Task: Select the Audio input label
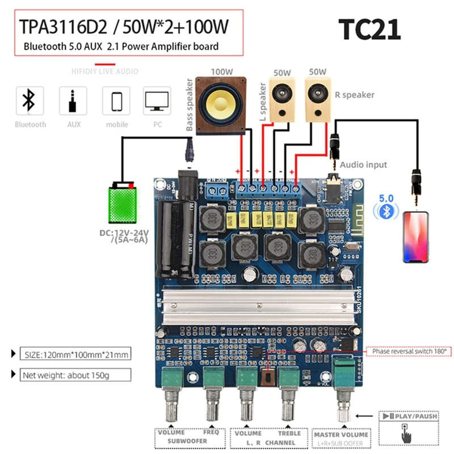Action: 363,165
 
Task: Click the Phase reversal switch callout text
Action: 409,352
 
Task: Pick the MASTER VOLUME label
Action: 341,434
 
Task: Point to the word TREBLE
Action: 289,433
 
